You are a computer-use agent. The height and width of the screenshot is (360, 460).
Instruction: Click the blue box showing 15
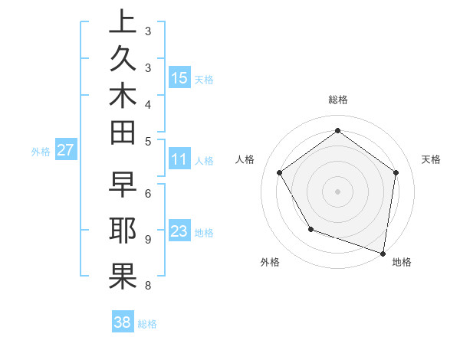coord(179,78)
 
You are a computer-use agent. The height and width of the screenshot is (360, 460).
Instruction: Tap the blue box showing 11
coord(179,159)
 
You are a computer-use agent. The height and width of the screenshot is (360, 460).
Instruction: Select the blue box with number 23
coord(179,231)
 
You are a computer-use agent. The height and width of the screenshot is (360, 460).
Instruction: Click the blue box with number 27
coord(65,151)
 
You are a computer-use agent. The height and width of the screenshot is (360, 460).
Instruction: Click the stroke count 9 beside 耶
coord(148,239)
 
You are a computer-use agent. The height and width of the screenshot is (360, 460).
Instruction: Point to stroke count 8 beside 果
coord(148,286)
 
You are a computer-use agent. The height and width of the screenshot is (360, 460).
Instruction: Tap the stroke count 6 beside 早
coord(148,192)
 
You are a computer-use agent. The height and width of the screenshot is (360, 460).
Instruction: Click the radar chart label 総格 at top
coord(337,100)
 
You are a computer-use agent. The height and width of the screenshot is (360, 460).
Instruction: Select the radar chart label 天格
coord(431,159)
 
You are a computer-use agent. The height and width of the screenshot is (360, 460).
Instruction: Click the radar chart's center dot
coord(337,191)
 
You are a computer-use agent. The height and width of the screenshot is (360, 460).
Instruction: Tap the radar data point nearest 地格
coord(383,252)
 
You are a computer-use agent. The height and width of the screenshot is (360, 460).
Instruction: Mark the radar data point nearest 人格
coord(280,172)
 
